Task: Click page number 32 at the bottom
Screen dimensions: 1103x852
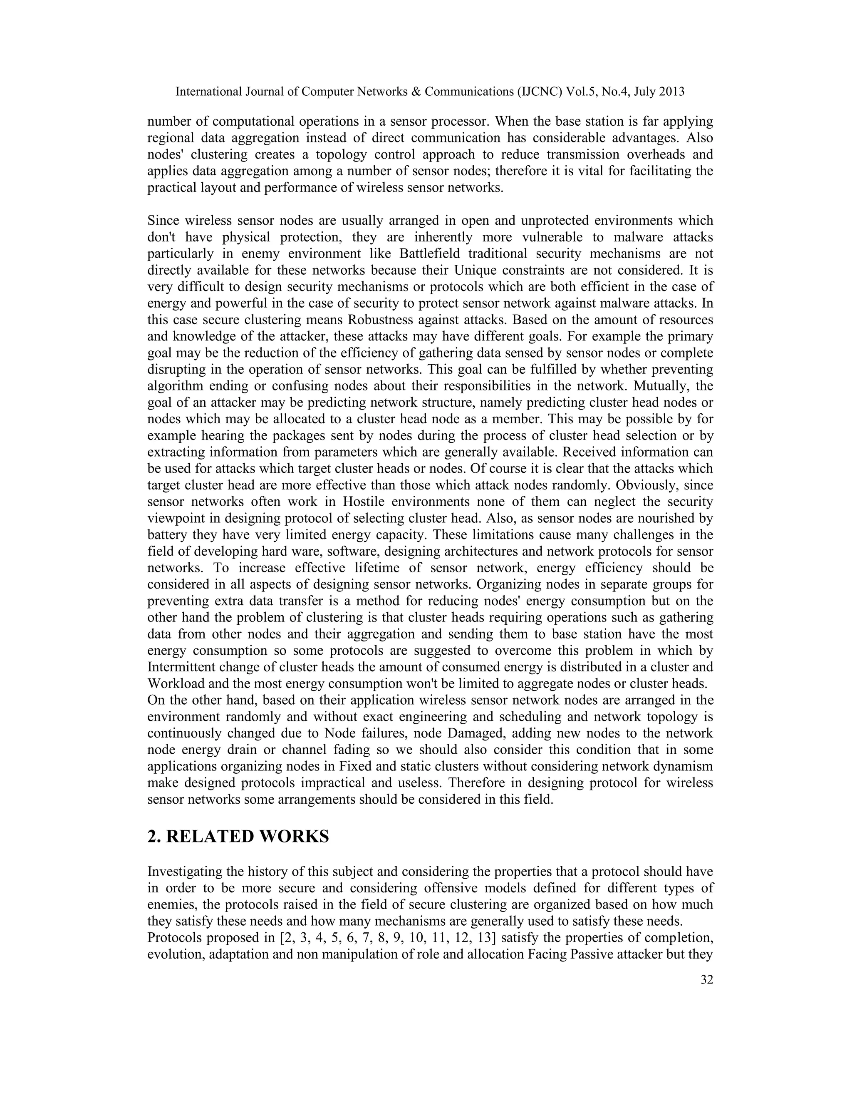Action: [707, 980]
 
